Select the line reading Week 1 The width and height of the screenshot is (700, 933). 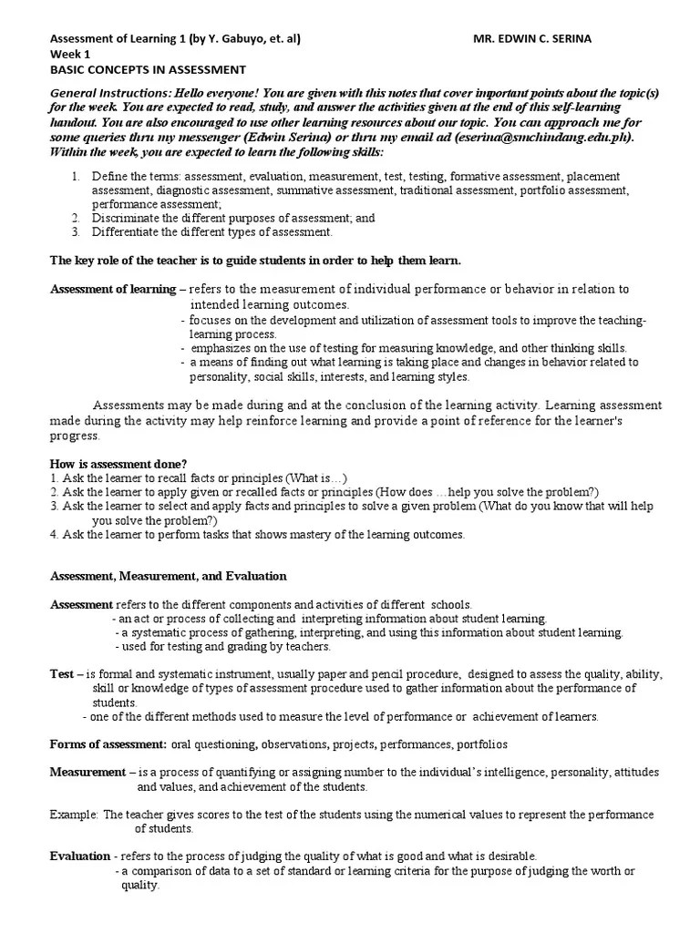tap(69, 55)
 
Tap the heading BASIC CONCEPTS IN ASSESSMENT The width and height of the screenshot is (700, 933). tap(147, 70)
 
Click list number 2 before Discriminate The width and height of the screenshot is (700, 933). tap(76, 218)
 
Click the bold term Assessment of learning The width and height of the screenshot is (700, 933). tap(112, 289)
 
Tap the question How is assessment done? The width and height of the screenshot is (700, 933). tap(118, 464)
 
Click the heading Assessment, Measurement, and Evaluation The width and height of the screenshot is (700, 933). tap(168, 576)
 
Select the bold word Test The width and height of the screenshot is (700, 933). tap(61, 674)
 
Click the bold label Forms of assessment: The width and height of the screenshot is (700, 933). tap(108, 744)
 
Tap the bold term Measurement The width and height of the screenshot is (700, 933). tap(87, 772)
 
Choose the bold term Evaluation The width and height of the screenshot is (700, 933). tap(79, 856)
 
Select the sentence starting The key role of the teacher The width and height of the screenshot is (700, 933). tap(255, 261)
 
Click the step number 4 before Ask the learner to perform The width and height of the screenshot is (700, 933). tap(54, 534)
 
